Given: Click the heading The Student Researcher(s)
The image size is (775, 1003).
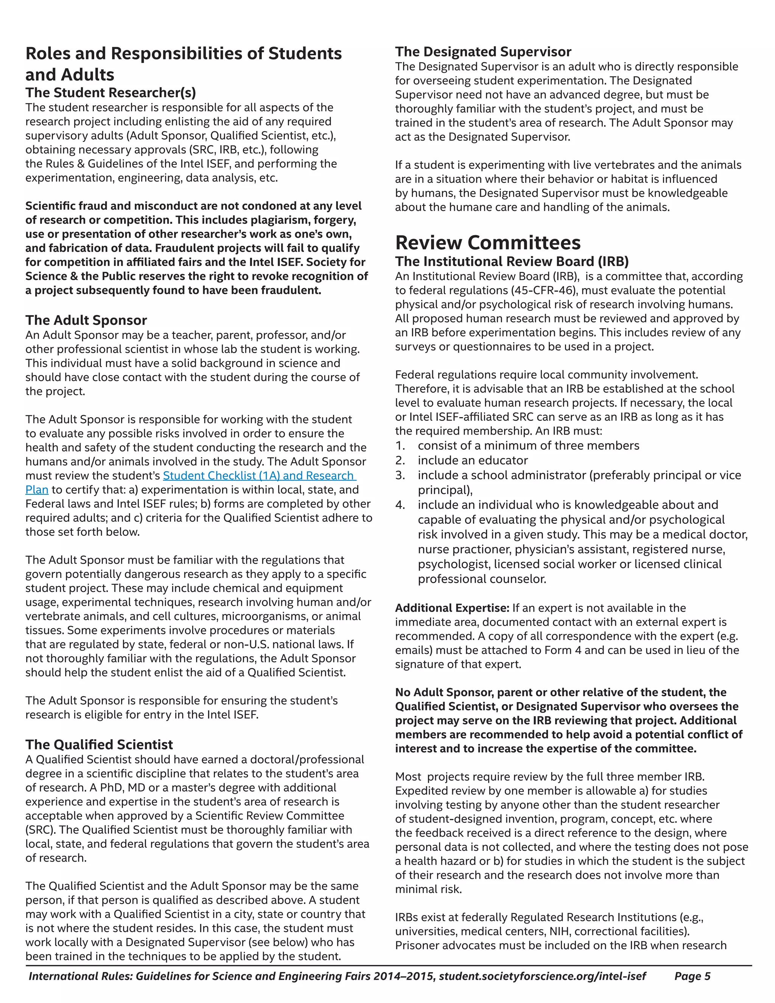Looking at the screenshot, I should pos(110,93).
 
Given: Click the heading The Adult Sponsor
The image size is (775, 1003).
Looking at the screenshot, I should pos(86,320).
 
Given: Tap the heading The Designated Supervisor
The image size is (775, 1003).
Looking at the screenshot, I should pos(483,51).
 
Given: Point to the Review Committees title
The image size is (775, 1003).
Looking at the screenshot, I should pos(487,243).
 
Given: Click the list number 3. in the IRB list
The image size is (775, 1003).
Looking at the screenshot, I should pos(400,475).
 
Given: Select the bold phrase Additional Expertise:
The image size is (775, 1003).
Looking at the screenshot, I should pos(452,608).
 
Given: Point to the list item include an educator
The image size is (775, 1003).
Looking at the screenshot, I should pos(473,461).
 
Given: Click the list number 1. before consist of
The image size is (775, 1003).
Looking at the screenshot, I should pos(400,446).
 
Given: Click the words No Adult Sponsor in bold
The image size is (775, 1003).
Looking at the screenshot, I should pos(444,693).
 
